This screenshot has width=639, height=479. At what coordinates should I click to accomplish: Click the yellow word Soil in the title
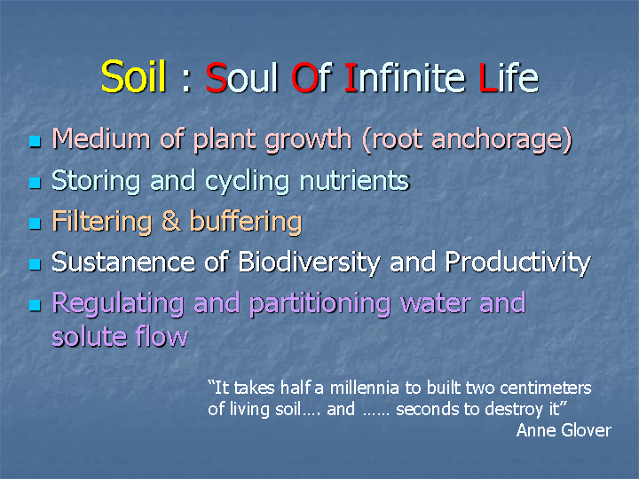pyautogui.click(x=133, y=76)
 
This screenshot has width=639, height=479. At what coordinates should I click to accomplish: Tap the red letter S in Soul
pyautogui.click(x=216, y=77)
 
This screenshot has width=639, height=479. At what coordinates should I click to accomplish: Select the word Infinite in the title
pyautogui.click(x=405, y=77)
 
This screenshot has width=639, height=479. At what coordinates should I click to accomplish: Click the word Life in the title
pyautogui.click(x=509, y=77)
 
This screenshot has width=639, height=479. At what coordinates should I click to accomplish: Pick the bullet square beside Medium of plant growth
pyautogui.click(x=35, y=141)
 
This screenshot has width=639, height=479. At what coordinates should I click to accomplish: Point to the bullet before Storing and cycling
pyautogui.click(x=35, y=183)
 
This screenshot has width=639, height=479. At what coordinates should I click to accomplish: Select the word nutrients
pyautogui.click(x=354, y=180)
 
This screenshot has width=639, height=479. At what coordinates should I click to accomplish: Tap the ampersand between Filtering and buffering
pyautogui.click(x=170, y=221)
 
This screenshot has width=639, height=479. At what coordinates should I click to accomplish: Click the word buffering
pyautogui.click(x=246, y=222)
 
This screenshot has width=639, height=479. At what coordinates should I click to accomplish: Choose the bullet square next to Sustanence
pyautogui.click(x=35, y=264)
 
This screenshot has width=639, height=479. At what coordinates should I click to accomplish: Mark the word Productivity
pyautogui.click(x=517, y=263)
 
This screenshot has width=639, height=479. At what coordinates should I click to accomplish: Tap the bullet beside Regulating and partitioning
pyautogui.click(x=35, y=305)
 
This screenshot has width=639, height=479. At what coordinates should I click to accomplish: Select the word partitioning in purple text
pyautogui.click(x=319, y=304)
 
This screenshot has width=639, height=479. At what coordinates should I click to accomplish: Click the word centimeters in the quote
pyautogui.click(x=545, y=388)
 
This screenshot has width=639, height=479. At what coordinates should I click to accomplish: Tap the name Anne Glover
pyautogui.click(x=564, y=430)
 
